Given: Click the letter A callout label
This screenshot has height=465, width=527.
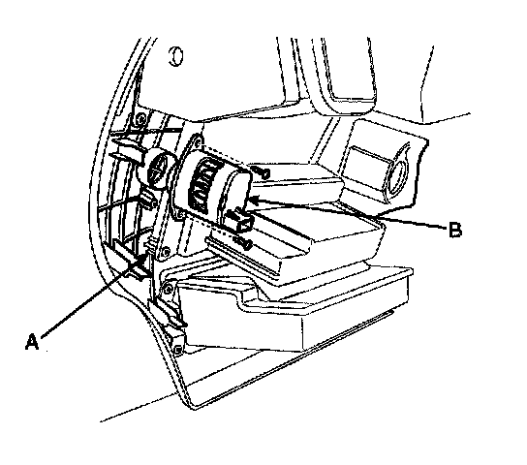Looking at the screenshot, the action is click(32, 342).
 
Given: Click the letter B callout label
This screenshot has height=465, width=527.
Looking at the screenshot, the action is click(455, 231).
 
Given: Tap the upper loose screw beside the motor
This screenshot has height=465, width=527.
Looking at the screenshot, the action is click(262, 172).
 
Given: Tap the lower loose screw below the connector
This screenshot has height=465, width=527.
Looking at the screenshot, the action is click(242, 242).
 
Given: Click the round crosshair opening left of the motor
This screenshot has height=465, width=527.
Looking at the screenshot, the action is click(158, 167).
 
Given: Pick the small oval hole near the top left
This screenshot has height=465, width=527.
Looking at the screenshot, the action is click(175, 56).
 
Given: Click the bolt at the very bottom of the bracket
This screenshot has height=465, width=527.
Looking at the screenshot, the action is click(177, 349).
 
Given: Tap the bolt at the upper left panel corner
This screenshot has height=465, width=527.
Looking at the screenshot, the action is click(141, 118).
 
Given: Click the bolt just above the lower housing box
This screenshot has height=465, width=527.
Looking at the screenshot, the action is click(168, 289).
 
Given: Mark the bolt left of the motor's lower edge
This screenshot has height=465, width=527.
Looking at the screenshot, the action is click(180, 214).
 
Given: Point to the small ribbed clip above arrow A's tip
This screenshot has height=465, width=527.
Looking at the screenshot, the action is click(150, 243).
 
